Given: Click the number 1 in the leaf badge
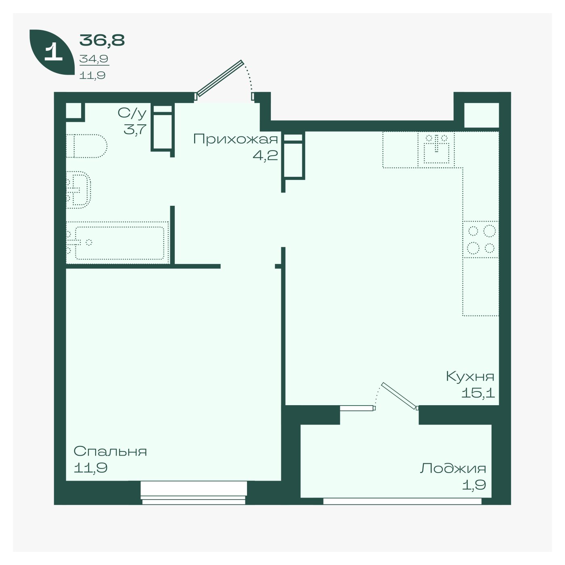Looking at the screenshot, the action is (54, 52).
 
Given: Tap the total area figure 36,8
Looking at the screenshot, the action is (102, 40).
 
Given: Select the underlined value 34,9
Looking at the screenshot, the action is (94, 59).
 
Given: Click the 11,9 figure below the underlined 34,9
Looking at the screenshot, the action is (92, 75).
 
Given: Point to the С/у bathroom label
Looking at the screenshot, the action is (132, 113).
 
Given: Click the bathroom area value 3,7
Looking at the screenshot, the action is (135, 129).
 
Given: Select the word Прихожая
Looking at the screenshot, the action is (235, 139).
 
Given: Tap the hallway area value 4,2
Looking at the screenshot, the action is (265, 155).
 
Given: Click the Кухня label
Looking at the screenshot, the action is (470, 376).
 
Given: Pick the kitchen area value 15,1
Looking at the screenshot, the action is (478, 393).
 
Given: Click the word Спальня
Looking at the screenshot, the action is (110, 451).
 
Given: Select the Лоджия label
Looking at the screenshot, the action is (453, 468).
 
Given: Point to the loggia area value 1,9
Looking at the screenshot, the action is (474, 485).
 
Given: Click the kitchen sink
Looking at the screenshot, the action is (436, 150).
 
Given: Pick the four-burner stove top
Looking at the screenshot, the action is (481, 239).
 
